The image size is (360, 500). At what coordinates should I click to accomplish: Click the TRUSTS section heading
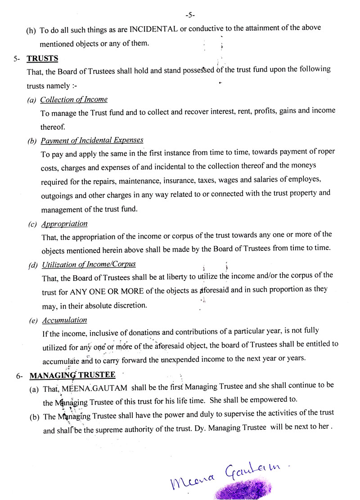[42, 59]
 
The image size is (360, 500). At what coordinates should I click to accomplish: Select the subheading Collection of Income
[74, 100]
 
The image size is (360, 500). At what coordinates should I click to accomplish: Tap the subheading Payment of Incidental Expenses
[92, 141]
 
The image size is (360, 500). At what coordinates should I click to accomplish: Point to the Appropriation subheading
[64, 223]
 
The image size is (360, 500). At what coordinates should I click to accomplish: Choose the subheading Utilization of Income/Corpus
[89, 264]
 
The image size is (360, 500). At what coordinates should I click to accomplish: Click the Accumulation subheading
[64, 320]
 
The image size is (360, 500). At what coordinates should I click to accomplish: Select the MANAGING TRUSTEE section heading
[72, 375]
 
